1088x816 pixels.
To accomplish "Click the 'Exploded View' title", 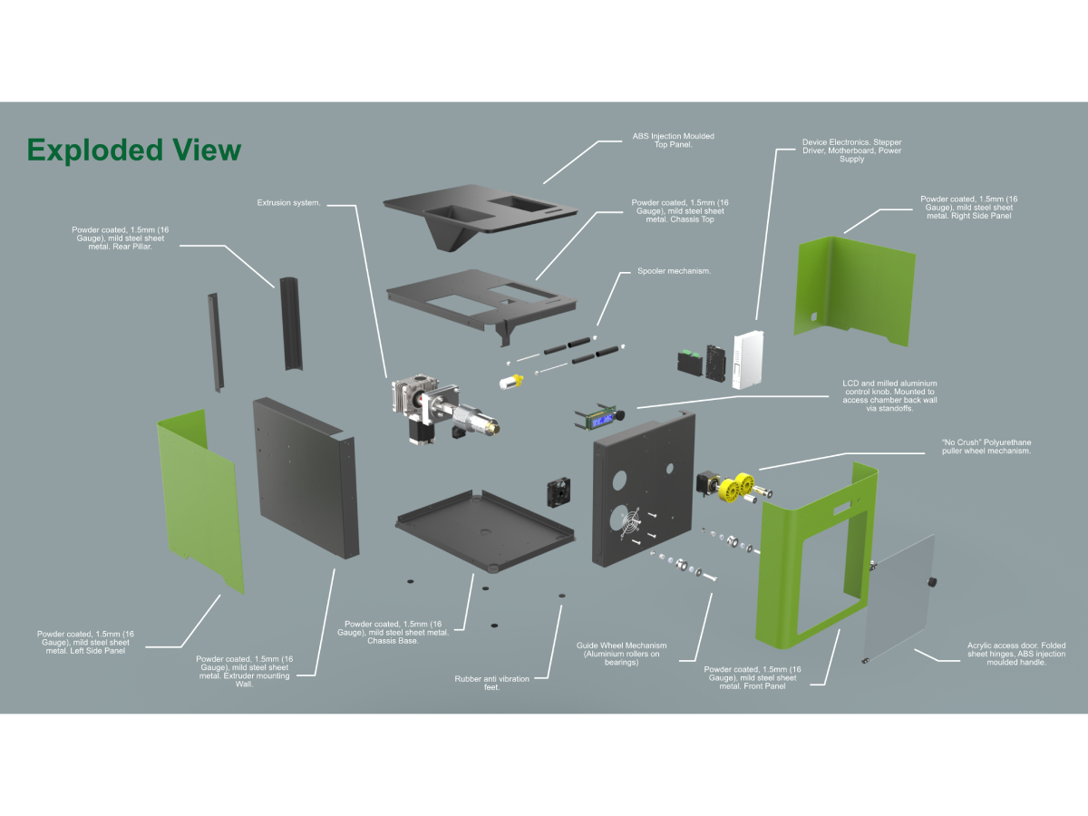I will tap(134, 150).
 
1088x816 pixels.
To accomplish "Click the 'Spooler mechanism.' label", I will tap(674, 271).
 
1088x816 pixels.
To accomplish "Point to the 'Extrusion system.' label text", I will tap(288, 203).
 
